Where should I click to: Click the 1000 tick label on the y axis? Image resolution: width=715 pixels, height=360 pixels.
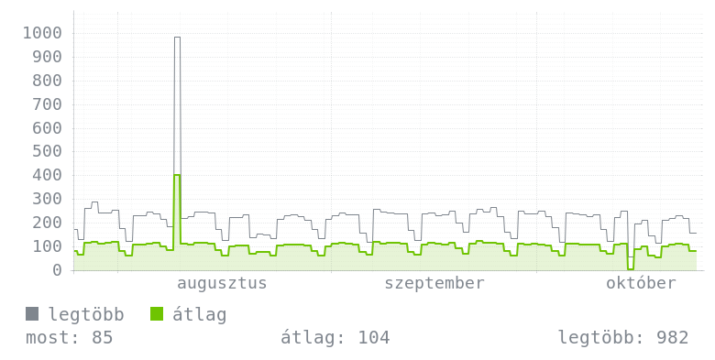(x=42, y=33)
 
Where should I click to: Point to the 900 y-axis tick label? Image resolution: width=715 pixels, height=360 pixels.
(x=47, y=57)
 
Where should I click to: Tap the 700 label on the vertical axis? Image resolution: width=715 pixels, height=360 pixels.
(x=47, y=104)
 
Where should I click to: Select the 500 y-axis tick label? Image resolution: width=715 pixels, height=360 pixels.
(x=47, y=151)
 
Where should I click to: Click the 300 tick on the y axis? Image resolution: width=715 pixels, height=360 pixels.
(x=47, y=199)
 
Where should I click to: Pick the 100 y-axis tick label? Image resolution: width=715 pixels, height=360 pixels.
(x=47, y=246)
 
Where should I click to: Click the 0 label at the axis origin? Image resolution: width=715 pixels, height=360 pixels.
(x=57, y=270)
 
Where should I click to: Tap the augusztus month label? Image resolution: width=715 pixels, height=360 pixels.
(x=222, y=283)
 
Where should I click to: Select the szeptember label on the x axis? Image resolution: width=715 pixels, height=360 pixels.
(x=434, y=283)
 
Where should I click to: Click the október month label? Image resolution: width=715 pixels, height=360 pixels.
(x=641, y=283)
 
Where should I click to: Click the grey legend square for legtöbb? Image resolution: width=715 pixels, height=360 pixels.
(x=32, y=314)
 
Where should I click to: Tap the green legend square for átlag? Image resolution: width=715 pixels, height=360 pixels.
(x=157, y=314)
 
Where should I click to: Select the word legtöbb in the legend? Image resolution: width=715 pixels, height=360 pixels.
(x=86, y=314)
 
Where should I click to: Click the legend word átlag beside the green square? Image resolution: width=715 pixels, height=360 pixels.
(x=199, y=314)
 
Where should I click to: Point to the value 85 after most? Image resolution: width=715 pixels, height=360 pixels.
(x=102, y=338)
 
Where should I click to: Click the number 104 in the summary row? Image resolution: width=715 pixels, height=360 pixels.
(x=374, y=338)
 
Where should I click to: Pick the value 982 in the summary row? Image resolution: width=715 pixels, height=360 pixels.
(x=672, y=338)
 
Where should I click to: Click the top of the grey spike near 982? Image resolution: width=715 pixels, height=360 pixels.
(x=177, y=38)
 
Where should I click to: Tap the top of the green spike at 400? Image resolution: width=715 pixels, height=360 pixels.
(x=177, y=175)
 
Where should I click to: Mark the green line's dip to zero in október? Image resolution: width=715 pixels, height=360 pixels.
(x=631, y=269)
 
